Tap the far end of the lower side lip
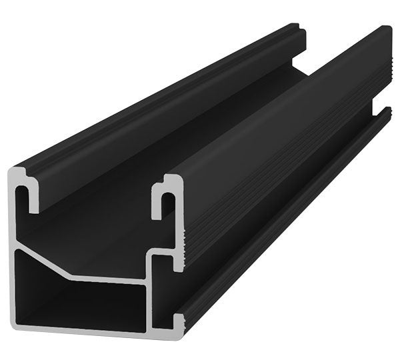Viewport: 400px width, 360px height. coord(389,113)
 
